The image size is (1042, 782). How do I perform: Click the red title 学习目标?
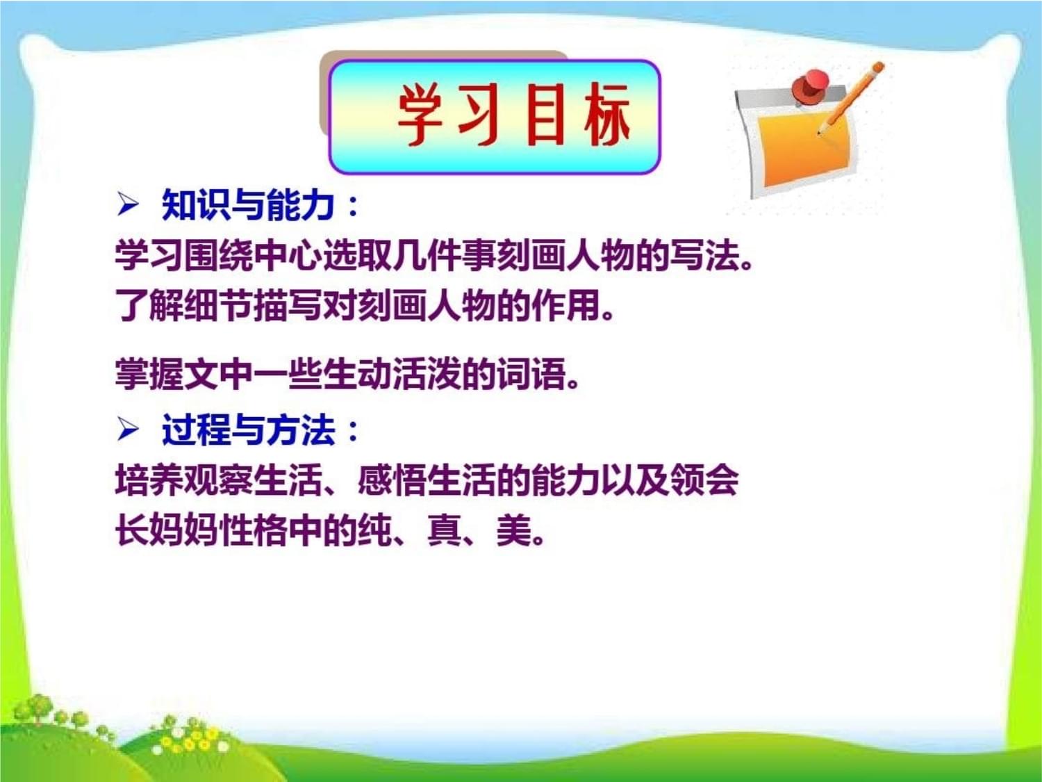click(514, 115)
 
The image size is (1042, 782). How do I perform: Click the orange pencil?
click(850, 98)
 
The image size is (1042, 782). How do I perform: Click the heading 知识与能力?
click(247, 206)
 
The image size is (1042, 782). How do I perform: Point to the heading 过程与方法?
click(248, 430)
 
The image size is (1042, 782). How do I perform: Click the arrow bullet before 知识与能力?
click(127, 206)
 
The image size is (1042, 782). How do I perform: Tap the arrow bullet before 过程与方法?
click(127, 430)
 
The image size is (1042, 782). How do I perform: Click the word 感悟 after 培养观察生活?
click(392, 481)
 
